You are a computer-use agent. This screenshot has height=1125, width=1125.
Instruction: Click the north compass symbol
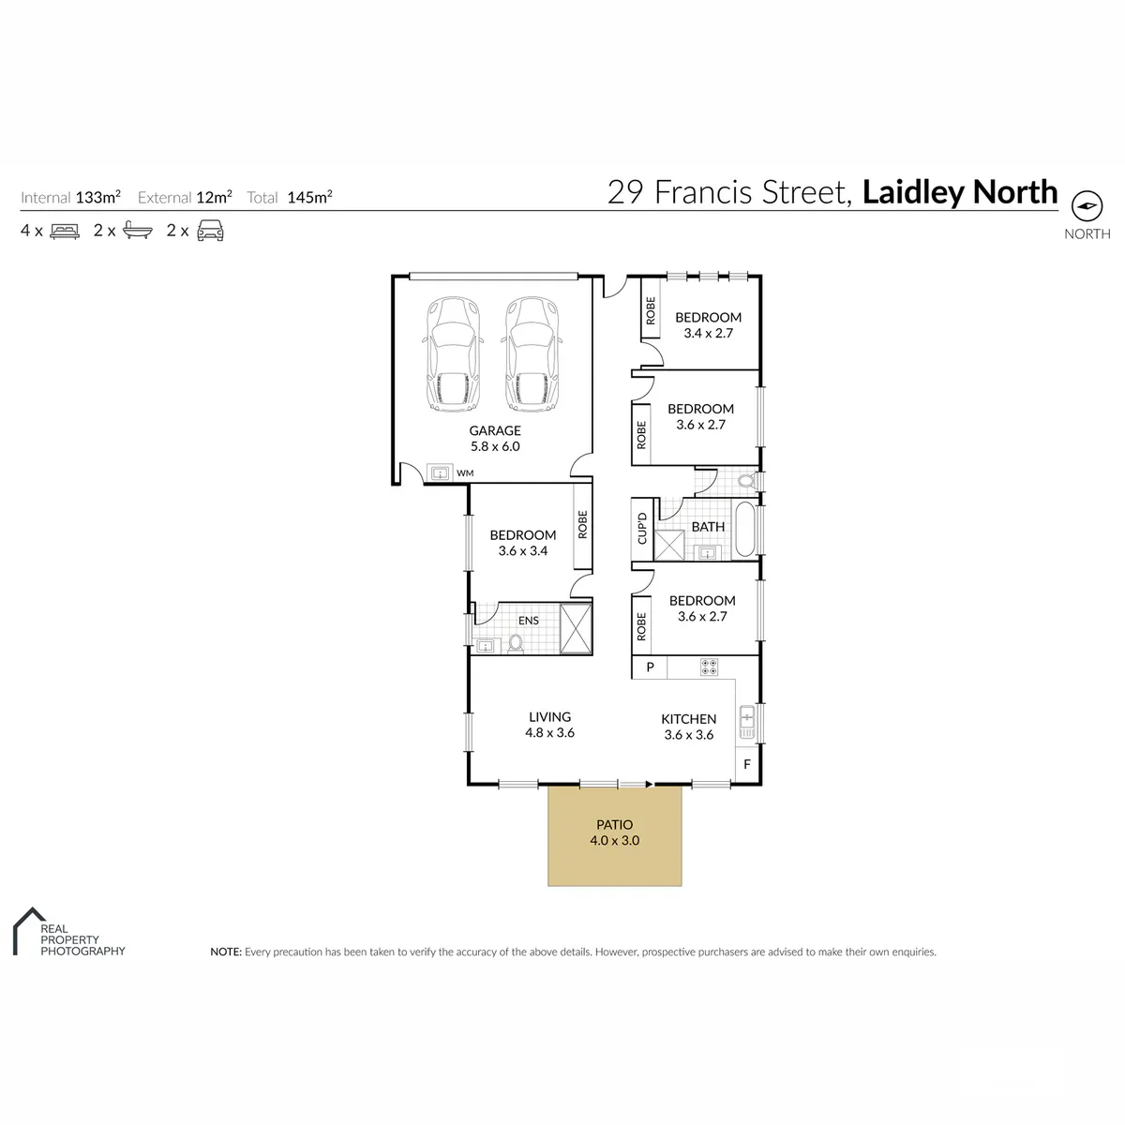click(x=1087, y=205)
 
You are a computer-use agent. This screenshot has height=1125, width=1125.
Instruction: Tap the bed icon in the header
click(x=65, y=232)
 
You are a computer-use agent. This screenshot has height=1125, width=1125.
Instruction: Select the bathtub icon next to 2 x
click(x=138, y=232)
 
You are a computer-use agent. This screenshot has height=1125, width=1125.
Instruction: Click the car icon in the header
click(x=210, y=231)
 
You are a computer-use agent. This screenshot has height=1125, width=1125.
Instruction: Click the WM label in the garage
click(x=465, y=472)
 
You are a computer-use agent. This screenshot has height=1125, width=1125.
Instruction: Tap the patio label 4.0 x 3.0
click(x=614, y=840)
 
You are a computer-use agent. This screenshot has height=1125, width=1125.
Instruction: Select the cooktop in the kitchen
click(x=710, y=667)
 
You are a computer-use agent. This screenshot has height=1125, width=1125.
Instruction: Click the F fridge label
click(x=746, y=764)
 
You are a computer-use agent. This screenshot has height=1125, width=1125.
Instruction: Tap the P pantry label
click(x=650, y=667)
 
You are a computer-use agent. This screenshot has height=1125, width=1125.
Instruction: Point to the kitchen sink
click(x=746, y=722)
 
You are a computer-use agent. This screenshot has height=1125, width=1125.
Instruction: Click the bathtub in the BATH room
click(x=744, y=530)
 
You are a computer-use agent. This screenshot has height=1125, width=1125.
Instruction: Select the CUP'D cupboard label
click(x=642, y=529)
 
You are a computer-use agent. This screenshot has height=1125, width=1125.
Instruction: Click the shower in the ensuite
click(x=576, y=629)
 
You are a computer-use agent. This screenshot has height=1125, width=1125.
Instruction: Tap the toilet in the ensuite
click(x=515, y=643)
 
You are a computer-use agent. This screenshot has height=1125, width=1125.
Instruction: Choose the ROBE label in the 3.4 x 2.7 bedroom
click(x=651, y=310)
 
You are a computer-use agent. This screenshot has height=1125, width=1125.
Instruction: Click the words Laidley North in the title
click(x=960, y=192)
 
